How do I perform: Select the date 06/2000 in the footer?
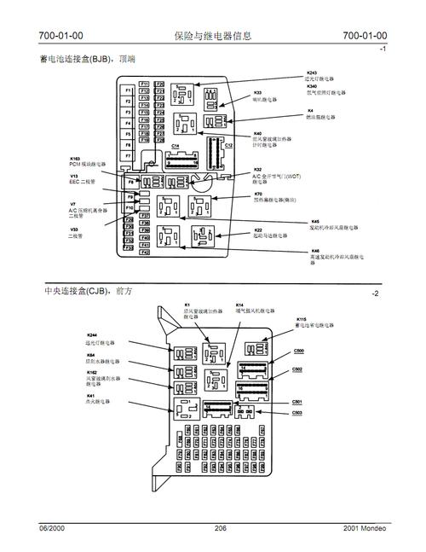coord(53,529)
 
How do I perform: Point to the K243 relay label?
coord(312,73)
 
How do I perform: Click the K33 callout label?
coord(257,92)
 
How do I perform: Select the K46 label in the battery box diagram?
coord(315,250)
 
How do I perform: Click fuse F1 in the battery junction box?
coord(128,90)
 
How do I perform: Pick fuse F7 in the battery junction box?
coord(128,156)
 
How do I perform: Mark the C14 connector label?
coord(176,146)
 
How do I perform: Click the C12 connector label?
coord(227,146)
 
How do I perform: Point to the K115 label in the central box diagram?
coord(301,319)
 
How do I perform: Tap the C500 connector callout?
coord(297,351)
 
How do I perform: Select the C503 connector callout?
coord(296,413)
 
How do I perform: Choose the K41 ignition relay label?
coord(90,395)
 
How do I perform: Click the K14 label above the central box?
coord(240,305)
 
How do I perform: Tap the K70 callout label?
coord(257,194)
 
